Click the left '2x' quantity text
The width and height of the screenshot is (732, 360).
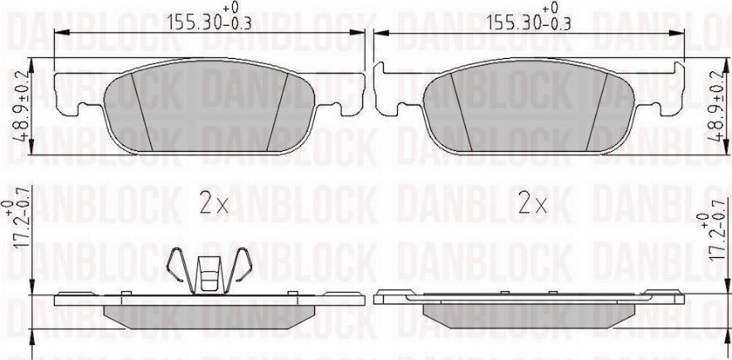pyautogui.click(x=214, y=204)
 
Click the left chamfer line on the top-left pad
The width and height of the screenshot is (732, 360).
pyautogui.click(x=142, y=111)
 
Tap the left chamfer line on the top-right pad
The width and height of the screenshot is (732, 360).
pyautogui.click(x=460, y=111)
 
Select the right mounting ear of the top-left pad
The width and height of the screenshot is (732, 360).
pyautogui.click(x=343, y=91)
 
